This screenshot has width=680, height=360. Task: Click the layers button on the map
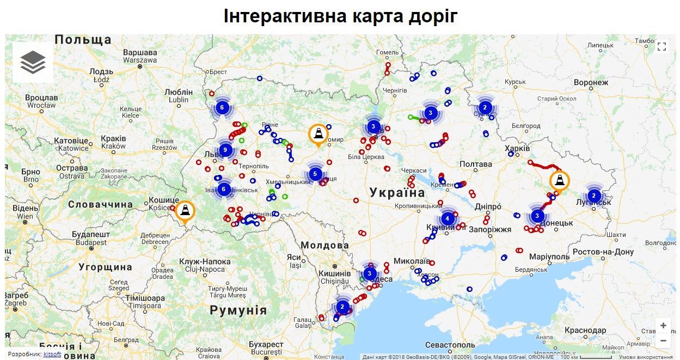(33, 62)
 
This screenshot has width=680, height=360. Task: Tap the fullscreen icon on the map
(661, 46)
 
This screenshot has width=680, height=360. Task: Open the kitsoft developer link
(52, 354)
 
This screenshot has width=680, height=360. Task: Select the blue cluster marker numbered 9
(225, 150)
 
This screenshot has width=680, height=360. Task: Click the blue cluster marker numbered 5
(315, 174)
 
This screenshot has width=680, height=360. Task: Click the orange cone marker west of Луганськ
(559, 181)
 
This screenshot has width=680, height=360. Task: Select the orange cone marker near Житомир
(318, 134)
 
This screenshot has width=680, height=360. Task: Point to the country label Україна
(397, 192)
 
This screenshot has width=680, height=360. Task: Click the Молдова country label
(324, 245)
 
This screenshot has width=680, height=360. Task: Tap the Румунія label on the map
(238, 310)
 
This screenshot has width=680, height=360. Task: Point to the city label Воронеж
(591, 83)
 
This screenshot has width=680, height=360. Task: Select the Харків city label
(517, 148)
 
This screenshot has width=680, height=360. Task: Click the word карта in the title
(365, 16)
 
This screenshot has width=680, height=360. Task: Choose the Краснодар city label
(585, 331)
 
